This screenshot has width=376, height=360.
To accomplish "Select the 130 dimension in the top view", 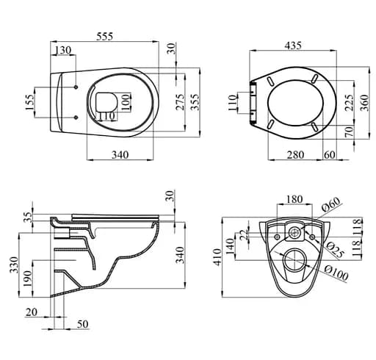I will point(64,50).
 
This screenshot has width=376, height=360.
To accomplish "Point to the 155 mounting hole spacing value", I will point(29,101).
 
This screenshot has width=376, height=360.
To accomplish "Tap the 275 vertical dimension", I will point(180,102).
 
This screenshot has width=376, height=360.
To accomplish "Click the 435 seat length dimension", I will point(293,46).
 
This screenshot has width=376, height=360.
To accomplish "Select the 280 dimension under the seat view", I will point(294,155).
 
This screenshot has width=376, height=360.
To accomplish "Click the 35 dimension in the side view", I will point(29,217).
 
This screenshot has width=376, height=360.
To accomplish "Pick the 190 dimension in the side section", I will point(29,277).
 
